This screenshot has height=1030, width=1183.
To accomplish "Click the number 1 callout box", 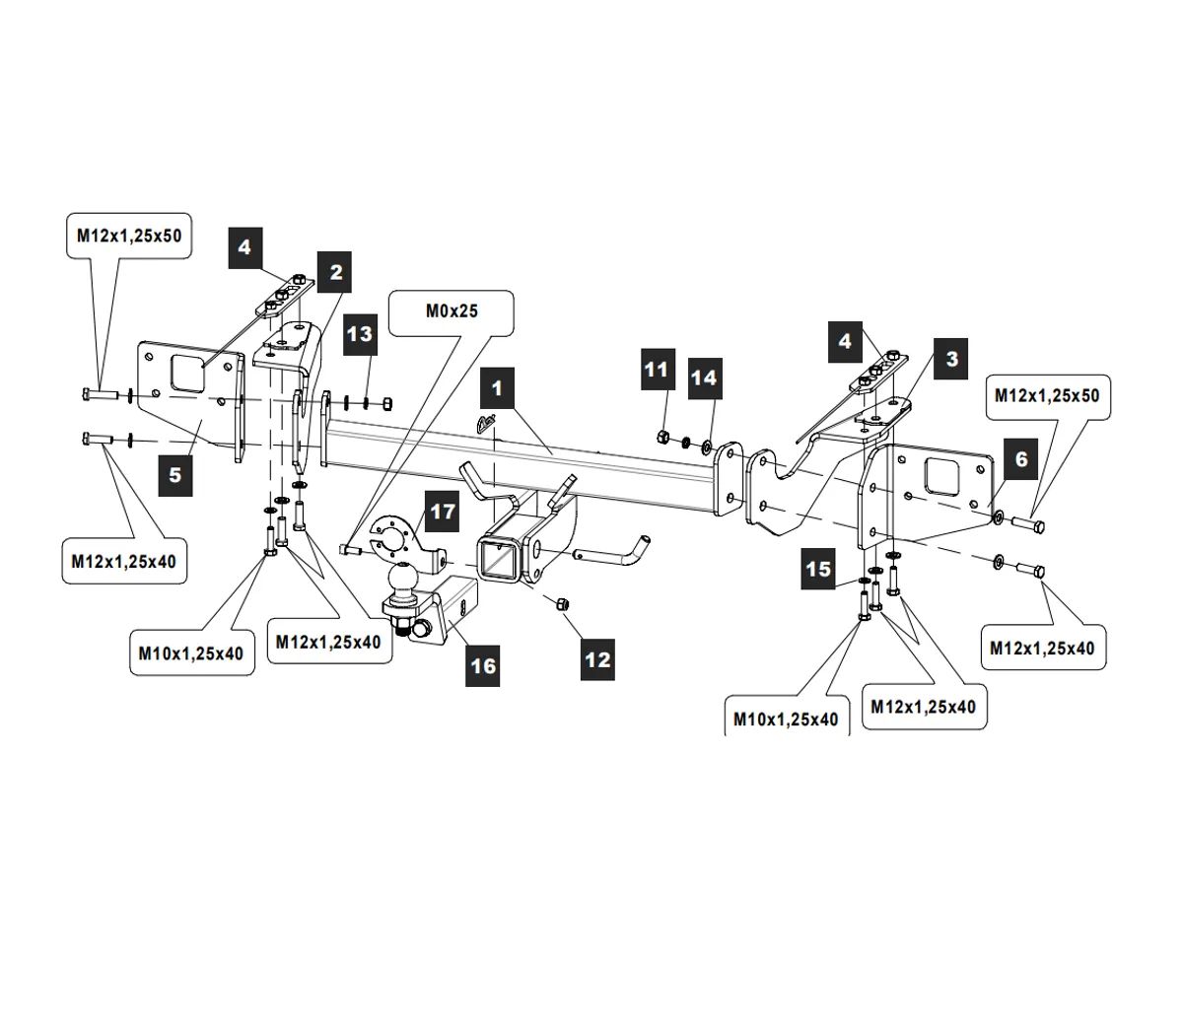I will [x=497, y=388].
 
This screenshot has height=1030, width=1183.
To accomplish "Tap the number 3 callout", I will [x=951, y=359].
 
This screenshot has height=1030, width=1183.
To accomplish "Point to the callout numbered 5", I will [x=174, y=475].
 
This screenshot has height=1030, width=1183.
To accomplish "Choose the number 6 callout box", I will [x=1021, y=458].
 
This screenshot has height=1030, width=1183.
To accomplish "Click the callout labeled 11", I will [x=656, y=370].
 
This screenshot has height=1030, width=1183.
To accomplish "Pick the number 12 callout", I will [x=597, y=659].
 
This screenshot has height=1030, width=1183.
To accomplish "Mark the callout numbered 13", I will [x=360, y=334].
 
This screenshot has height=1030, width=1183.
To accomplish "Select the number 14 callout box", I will [x=704, y=378].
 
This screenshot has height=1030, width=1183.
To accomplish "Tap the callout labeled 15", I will [x=818, y=569].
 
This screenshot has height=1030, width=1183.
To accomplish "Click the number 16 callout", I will [x=483, y=666].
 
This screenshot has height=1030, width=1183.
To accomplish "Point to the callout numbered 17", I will [x=443, y=512].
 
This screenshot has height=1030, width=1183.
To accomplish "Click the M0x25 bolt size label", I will [x=452, y=311].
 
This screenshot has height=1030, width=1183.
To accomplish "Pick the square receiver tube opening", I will [x=492, y=558].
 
